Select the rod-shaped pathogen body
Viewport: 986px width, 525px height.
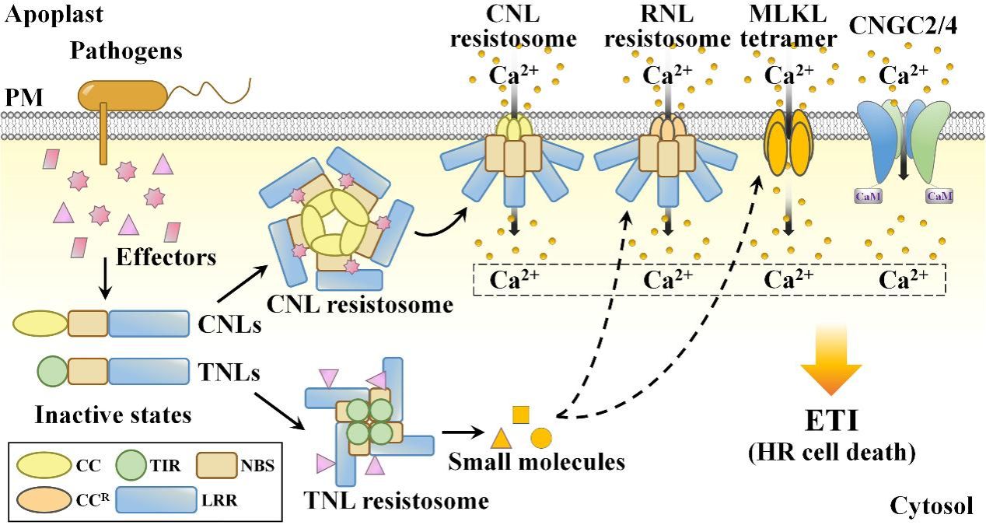tap(122, 94)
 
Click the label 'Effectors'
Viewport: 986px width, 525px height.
tap(166, 257)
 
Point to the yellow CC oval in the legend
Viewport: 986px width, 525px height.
tap(49, 464)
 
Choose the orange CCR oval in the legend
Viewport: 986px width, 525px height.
tap(49, 499)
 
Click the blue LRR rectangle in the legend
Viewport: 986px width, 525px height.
tap(156, 500)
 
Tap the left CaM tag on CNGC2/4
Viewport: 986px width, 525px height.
tap(865, 196)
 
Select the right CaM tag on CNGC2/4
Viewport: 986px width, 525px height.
tap(939, 196)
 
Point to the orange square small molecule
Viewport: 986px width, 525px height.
tap(521, 415)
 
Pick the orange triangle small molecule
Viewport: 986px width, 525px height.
tap(501, 439)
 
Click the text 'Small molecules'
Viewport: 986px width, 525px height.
tap(537, 462)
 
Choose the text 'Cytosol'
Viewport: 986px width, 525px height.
tap(932, 507)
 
